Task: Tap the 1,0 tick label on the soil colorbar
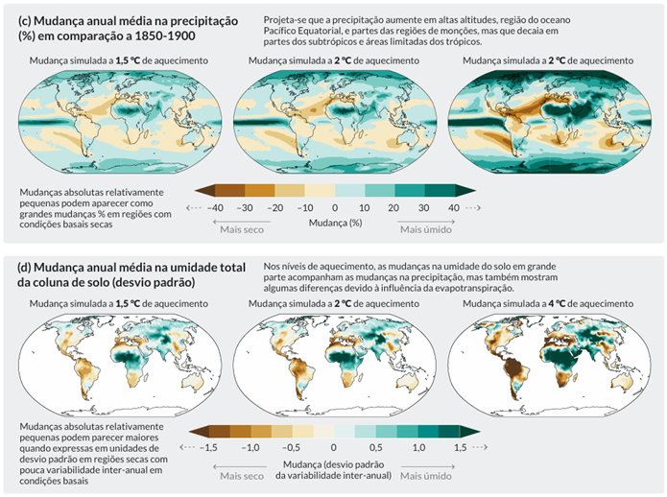tap(418, 447)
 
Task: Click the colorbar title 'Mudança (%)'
tap(335, 222)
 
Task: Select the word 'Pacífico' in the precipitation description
tap(286, 32)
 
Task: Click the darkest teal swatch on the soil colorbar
tap(460, 431)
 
